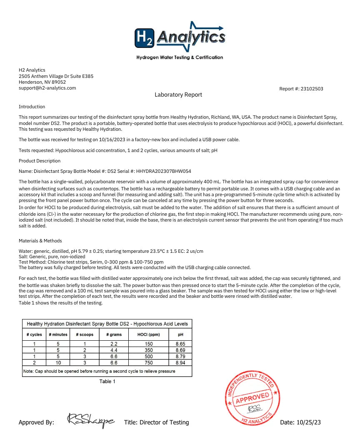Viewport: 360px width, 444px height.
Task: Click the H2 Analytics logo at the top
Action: [x=180, y=37]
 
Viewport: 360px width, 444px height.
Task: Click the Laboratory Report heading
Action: [x=178, y=95]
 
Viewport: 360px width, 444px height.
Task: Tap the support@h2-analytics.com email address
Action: [x=47, y=88]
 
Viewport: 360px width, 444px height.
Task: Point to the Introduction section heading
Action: [x=32, y=107]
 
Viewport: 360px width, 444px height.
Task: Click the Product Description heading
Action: [x=40, y=161]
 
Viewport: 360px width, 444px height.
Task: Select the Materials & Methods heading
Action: [x=40, y=241]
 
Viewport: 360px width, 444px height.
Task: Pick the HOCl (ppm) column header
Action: [x=149, y=334]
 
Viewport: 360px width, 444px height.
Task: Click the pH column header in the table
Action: [x=180, y=334]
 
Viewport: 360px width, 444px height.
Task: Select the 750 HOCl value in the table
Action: [x=149, y=363]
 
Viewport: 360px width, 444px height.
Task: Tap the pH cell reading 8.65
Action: [x=180, y=344]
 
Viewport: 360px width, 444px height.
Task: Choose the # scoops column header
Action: [x=85, y=334]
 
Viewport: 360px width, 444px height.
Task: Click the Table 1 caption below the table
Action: [x=107, y=382]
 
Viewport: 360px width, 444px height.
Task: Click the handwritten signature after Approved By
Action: [x=90, y=421]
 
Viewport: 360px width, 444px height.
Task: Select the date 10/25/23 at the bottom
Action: [x=308, y=422]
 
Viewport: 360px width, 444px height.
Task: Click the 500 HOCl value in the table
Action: [x=149, y=357]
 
